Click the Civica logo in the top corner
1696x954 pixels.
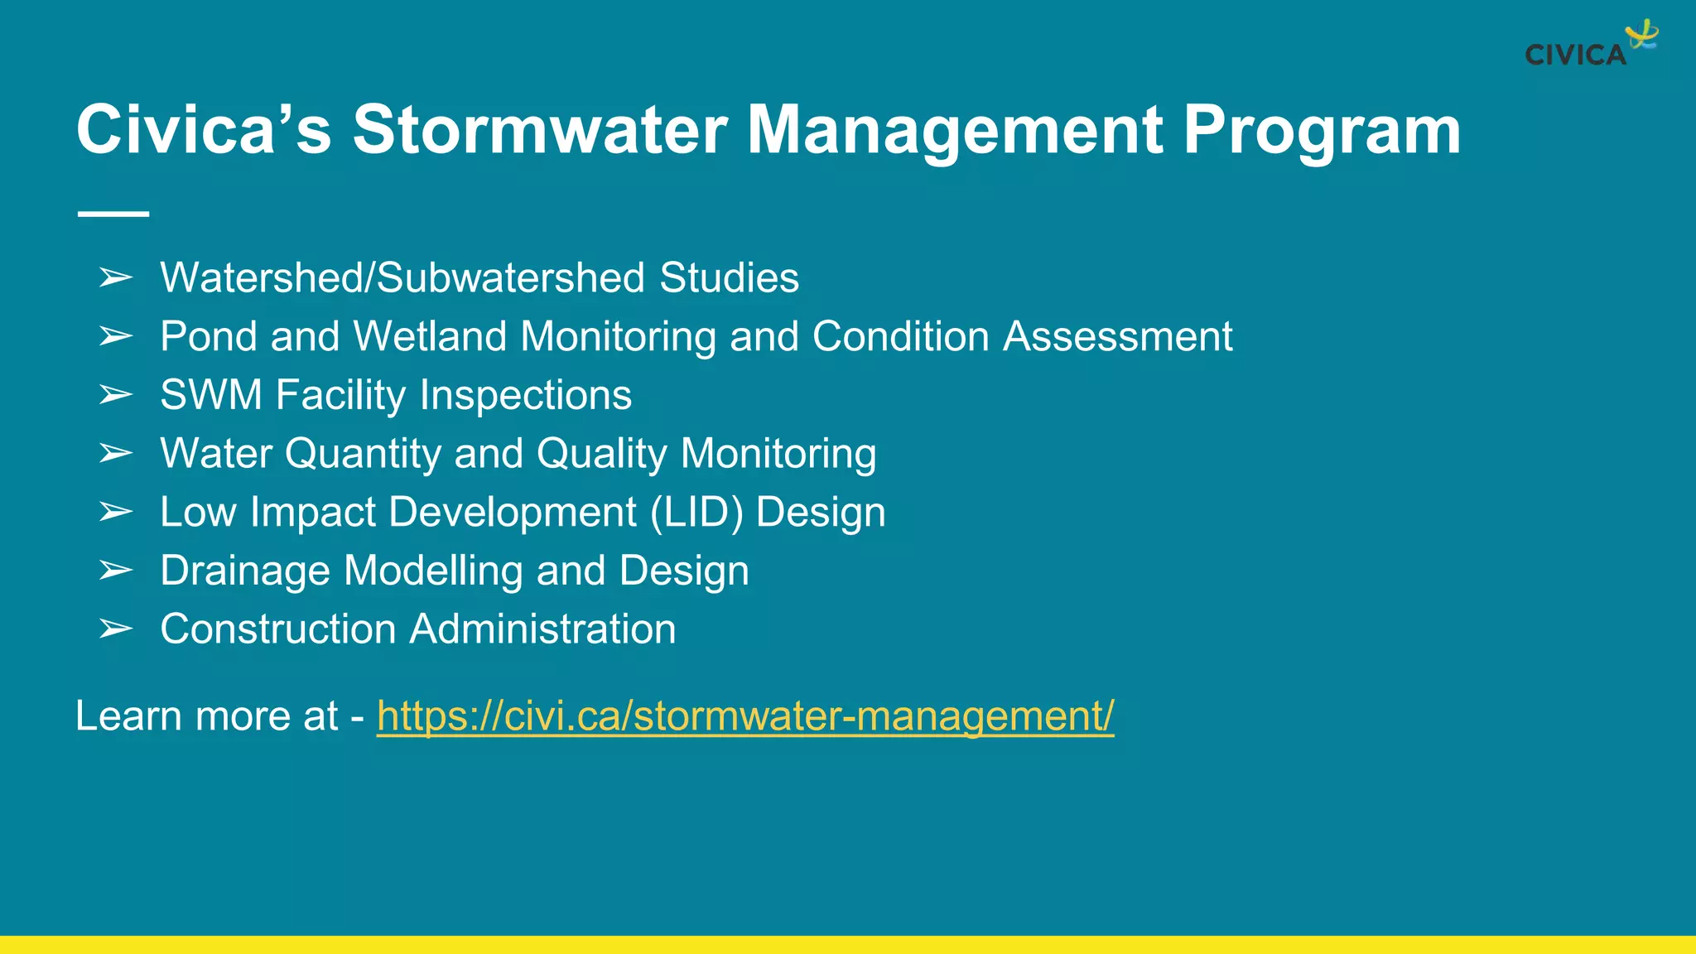(1590, 46)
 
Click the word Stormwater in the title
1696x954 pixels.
(540, 130)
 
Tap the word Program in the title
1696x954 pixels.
(1322, 130)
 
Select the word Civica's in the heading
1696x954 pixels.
(204, 130)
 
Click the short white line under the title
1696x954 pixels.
(113, 214)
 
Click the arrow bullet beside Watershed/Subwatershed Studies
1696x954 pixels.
(115, 278)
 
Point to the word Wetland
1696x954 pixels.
(430, 337)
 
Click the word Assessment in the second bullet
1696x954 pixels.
(1117, 337)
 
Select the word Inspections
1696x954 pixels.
(525, 395)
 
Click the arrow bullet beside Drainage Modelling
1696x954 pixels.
(115, 571)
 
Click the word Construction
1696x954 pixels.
(278, 629)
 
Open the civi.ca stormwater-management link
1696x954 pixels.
(744, 716)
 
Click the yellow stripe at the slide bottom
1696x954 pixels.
(848, 945)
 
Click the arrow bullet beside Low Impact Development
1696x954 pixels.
(115, 513)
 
